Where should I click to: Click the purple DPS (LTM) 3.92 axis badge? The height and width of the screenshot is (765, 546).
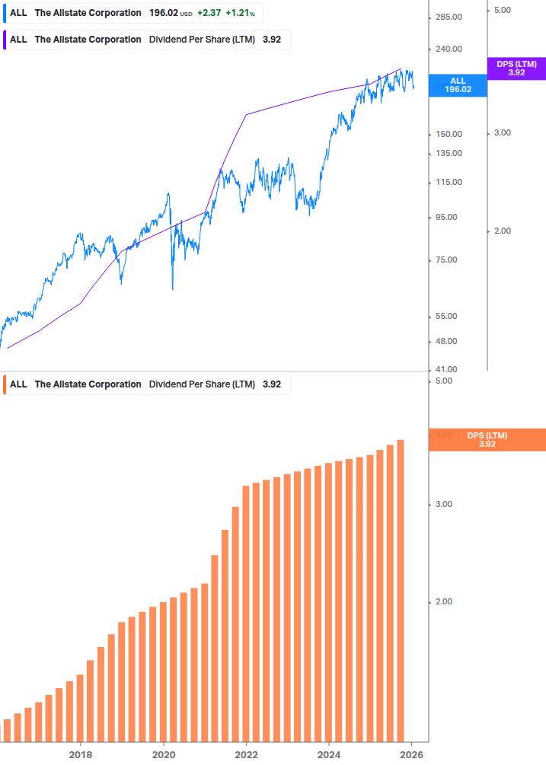[516, 69]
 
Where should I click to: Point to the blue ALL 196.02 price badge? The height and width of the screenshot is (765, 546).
[458, 84]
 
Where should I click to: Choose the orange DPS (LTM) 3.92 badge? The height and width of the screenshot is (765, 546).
[487, 440]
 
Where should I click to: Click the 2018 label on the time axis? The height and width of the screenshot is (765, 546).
[81, 754]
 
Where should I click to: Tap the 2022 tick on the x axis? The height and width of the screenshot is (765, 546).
[246, 754]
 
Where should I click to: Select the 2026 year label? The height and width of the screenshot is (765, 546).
[411, 754]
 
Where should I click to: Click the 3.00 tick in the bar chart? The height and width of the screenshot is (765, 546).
[442, 505]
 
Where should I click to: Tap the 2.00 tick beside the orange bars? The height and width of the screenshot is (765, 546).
[442, 602]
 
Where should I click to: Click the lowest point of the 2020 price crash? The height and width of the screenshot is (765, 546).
[172, 288]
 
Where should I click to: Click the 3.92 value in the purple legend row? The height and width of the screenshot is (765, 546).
[272, 40]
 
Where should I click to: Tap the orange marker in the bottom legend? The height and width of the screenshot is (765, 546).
[4, 384]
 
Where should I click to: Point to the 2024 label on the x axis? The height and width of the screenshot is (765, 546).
[328, 754]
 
